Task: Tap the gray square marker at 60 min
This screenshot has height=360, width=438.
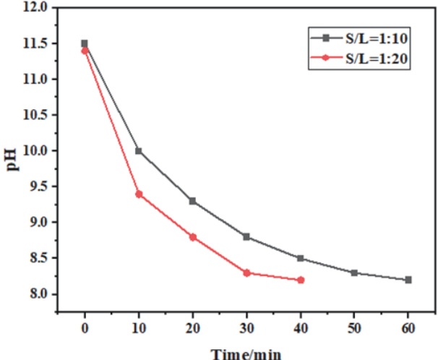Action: pyautogui.click(x=408, y=280)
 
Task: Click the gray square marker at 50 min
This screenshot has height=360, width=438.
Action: pyautogui.click(x=354, y=273)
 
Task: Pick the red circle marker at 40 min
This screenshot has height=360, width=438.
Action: pyautogui.click(x=301, y=280)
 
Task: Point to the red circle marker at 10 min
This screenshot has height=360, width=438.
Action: pyautogui.click(x=139, y=194)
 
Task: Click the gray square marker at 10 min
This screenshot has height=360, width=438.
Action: pyautogui.click(x=139, y=151)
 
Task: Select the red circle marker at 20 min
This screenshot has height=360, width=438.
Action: pyautogui.click(x=193, y=237)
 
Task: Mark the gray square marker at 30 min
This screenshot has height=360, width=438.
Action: pyautogui.click(x=246, y=236)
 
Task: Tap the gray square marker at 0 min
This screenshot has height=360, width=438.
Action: pyautogui.click(x=85, y=43)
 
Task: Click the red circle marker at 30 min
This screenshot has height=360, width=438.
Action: pyautogui.click(x=246, y=273)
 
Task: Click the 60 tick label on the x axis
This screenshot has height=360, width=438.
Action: pyautogui.click(x=408, y=330)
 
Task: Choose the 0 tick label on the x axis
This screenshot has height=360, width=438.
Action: pyautogui.click(x=85, y=330)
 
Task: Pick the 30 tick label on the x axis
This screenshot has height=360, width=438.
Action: pyautogui.click(x=246, y=330)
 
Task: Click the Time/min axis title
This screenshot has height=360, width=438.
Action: pyautogui.click(x=245, y=353)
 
